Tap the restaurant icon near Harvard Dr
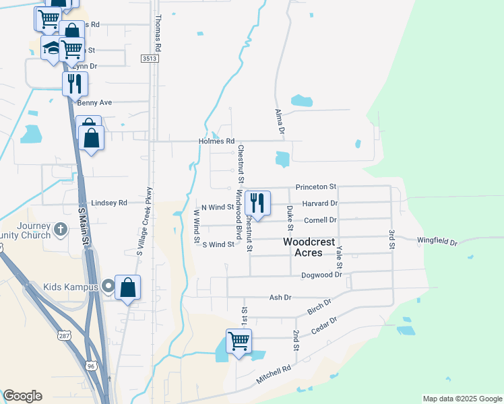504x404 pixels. click(257, 202)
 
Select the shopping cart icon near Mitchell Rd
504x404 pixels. click(239, 341)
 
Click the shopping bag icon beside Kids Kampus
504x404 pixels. click(127, 288)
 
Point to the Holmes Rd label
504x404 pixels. click(216, 141)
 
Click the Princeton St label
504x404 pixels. click(315, 187)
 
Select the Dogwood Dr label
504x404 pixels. click(321, 275)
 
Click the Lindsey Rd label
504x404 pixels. click(108, 202)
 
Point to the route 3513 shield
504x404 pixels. click(150, 59)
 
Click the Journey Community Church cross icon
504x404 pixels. click(61, 230)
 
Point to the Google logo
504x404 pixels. click(22, 396)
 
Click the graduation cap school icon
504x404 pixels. click(51, 47)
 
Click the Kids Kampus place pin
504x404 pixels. click(107, 288)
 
